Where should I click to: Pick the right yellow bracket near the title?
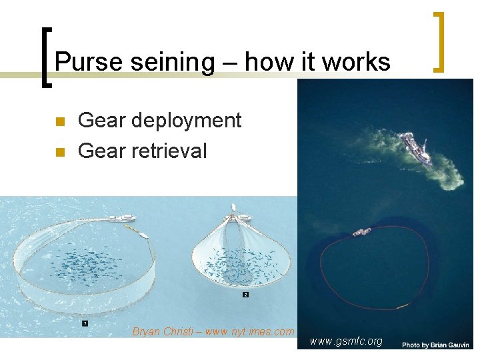pyautogui.click(x=439, y=41)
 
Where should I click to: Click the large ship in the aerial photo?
pyautogui.click(x=415, y=147)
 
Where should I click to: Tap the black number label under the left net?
pyautogui.click(x=85, y=323)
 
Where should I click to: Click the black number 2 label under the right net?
pyautogui.click(x=245, y=293)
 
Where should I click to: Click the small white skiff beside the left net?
pyautogui.click(x=142, y=233)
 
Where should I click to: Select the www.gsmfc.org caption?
pyautogui.click(x=346, y=341)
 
